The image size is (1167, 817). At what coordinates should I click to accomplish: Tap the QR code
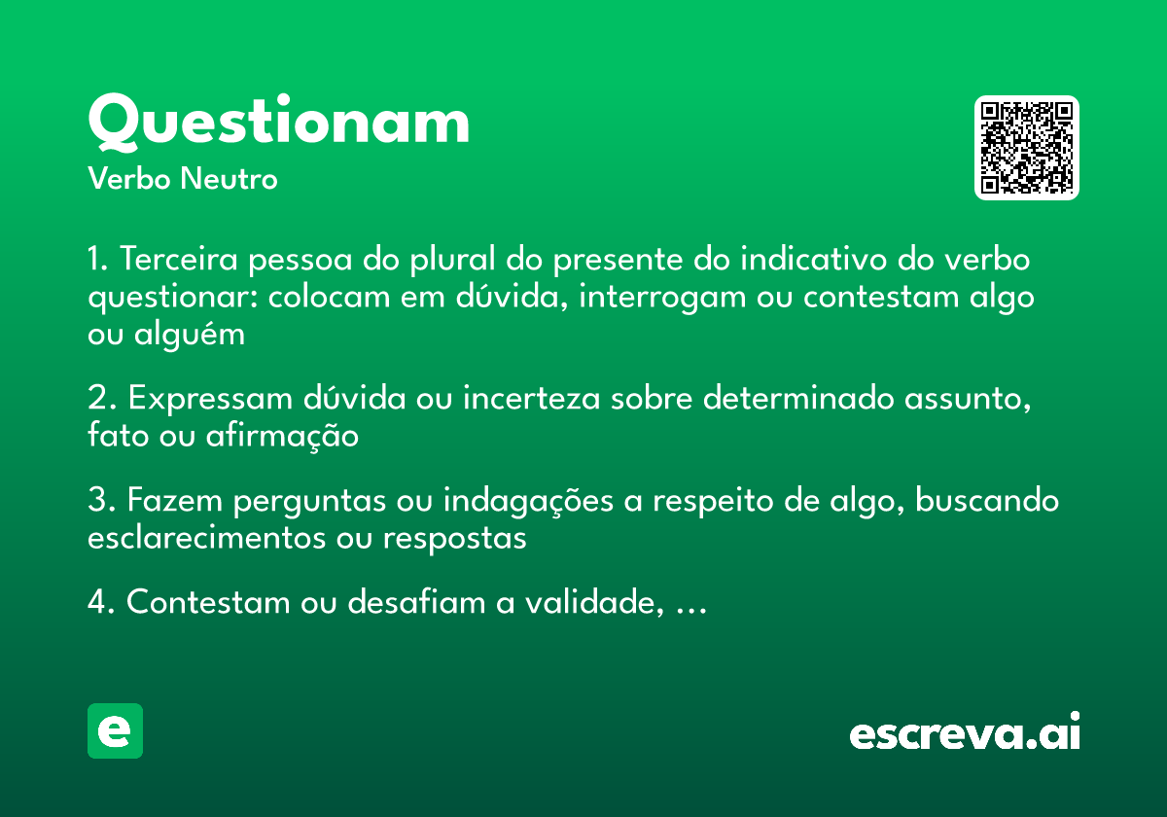[1027, 148]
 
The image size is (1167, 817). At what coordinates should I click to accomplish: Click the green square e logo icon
[115, 730]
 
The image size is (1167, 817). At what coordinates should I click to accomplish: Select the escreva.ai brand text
[964, 733]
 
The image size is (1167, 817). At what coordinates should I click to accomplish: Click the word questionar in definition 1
[171, 298]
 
